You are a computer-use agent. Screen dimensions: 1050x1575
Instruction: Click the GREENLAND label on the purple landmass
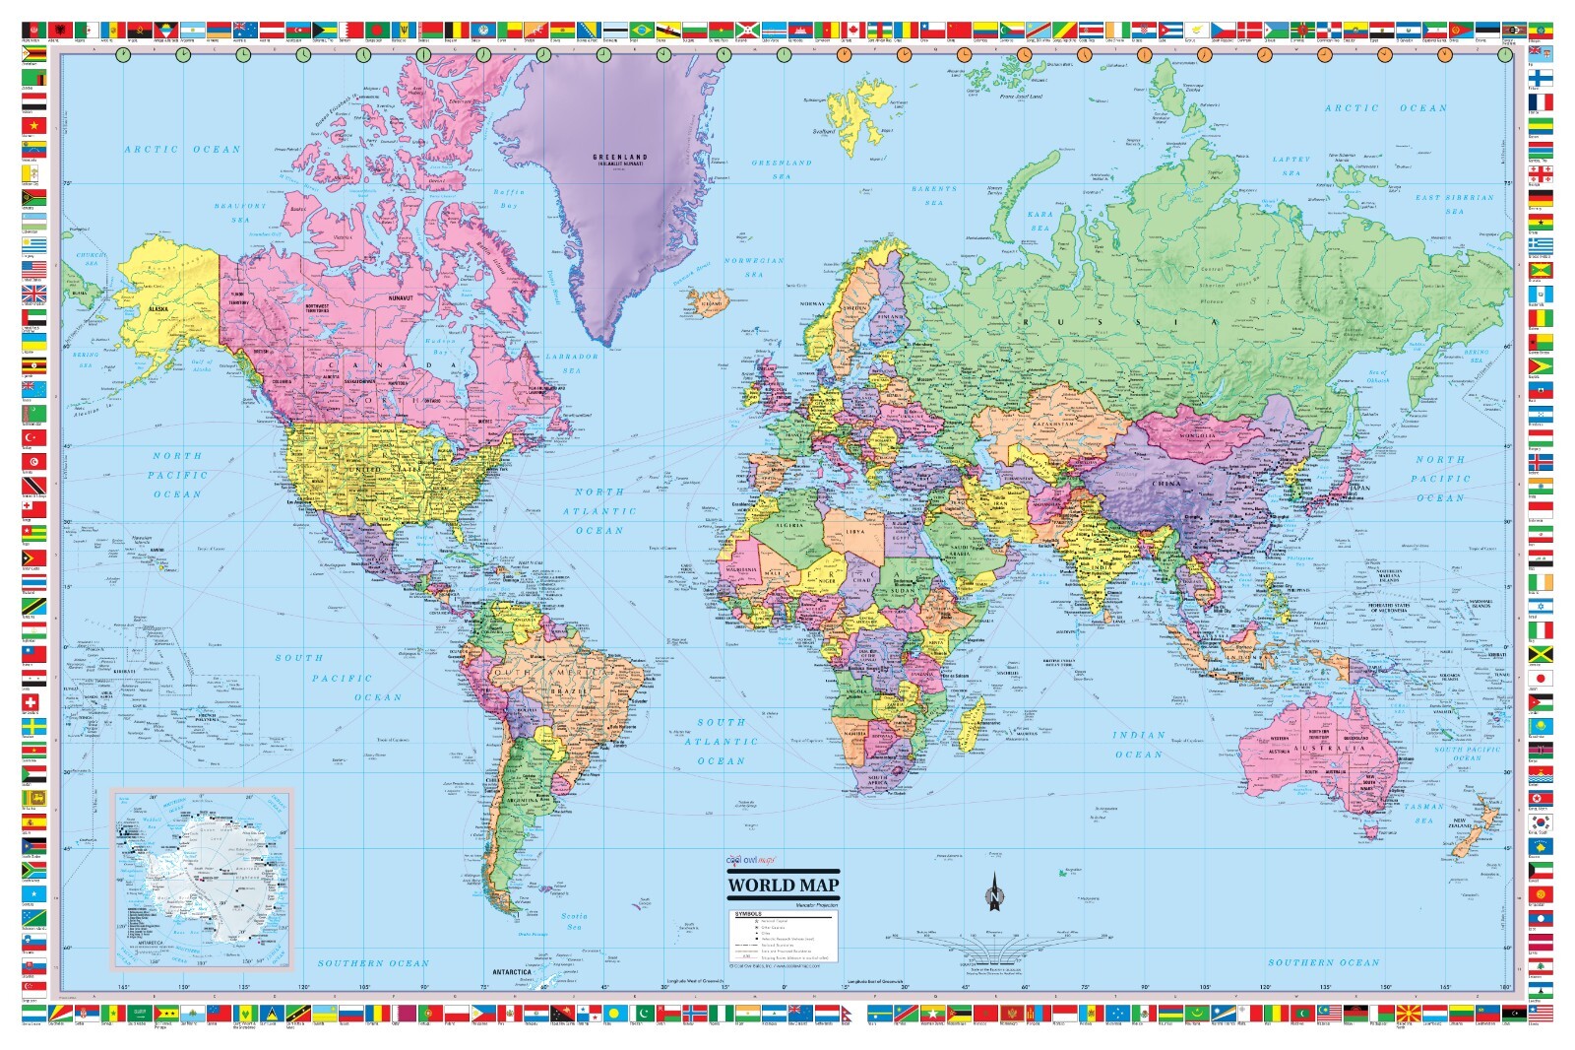click(619, 158)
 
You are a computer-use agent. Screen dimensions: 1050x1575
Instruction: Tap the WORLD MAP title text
click(783, 885)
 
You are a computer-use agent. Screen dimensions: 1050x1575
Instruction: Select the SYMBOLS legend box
click(784, 936)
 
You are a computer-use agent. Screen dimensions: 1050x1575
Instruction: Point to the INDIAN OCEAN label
click(1139, 745)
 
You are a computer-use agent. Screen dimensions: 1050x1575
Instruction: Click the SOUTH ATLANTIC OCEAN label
click(722, 742)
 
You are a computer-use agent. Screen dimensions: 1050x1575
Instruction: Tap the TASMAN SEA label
click(1424, 813)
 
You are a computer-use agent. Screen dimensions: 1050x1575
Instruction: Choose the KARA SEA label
click(1040, 221)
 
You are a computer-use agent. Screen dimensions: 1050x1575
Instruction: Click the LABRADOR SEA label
click(572, 362)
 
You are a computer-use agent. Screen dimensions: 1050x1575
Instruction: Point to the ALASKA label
click(158, 308)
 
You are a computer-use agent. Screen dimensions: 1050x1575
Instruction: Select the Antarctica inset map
click(202, 877)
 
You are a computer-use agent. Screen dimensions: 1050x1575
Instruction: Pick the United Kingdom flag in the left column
click(33, 293)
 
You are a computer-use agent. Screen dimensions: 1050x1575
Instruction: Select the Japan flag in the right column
click(1540, 678)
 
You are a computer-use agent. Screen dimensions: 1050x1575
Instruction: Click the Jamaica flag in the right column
click(1540, 653)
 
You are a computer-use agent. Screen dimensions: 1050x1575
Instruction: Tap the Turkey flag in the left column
click(33, 437)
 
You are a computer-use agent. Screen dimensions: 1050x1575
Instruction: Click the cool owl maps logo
click(751, 861)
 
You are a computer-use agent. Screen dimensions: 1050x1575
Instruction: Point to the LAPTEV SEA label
click(1291, 165)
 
